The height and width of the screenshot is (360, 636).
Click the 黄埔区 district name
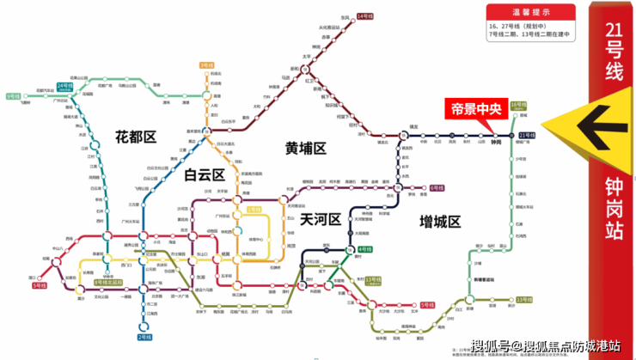(306, 148)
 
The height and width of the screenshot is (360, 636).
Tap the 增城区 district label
(441, 221)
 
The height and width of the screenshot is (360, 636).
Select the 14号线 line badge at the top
(364, 16)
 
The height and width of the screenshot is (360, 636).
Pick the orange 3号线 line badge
(205, 65)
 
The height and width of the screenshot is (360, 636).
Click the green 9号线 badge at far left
(13, 96)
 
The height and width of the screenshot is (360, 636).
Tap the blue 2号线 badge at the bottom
(144, 337)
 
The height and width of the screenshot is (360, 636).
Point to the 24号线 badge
(64, 86)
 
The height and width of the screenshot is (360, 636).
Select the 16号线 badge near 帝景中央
(517, 105)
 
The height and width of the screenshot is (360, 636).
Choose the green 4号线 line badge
(364, 249)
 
